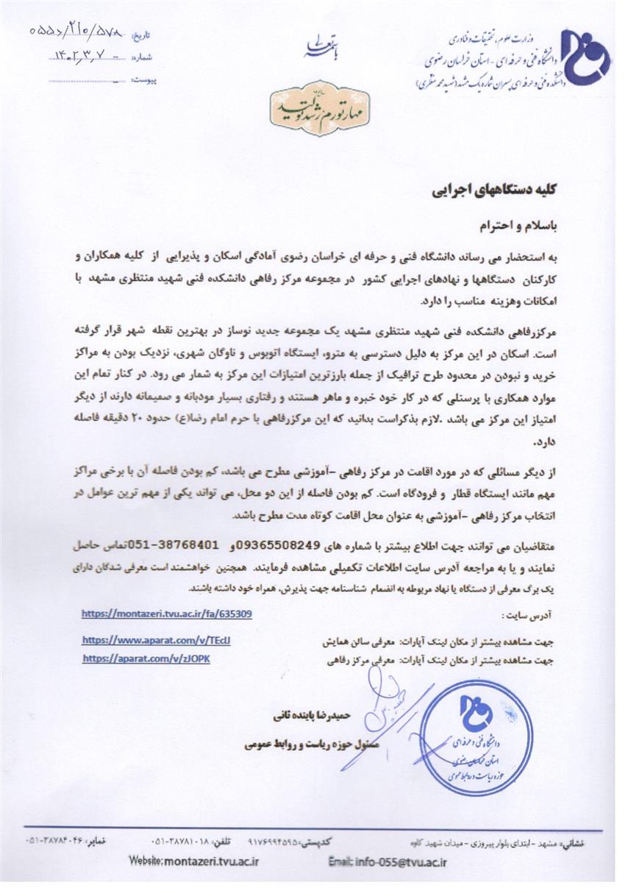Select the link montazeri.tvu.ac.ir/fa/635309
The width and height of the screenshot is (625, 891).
point(167,613)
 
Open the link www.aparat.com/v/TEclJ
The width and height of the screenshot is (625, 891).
point(157,640)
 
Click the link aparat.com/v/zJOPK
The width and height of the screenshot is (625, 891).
point(146,659)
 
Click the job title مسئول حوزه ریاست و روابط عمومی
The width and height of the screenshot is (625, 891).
point(310,745)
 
